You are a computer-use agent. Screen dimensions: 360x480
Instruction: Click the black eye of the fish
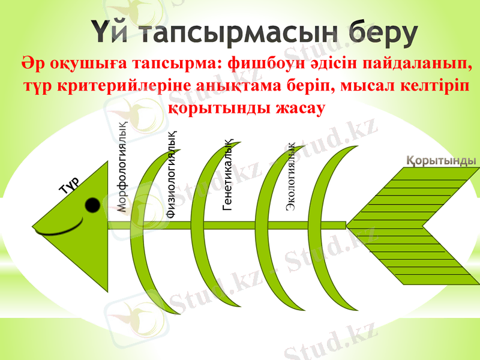[x=92, y=205]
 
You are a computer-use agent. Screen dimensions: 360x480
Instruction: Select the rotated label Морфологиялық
[x=122, y=164]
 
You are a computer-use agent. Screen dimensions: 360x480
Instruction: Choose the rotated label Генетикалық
[x=227, y=175]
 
